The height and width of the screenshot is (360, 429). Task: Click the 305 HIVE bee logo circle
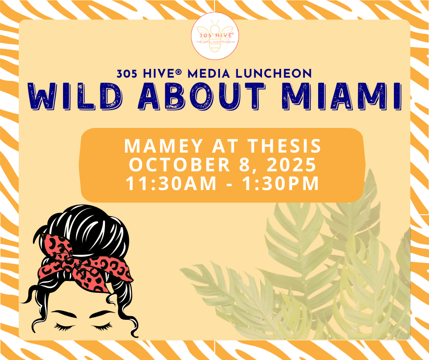click(215, 36)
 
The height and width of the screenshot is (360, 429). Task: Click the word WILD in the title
click(75, 96)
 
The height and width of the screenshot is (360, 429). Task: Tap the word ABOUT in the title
click(202, 96)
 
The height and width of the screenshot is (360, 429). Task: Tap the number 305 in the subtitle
click(127, 74)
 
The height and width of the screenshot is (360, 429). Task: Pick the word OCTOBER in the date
click(179, 164)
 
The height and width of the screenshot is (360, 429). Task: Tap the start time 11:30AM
click(171, 184)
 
